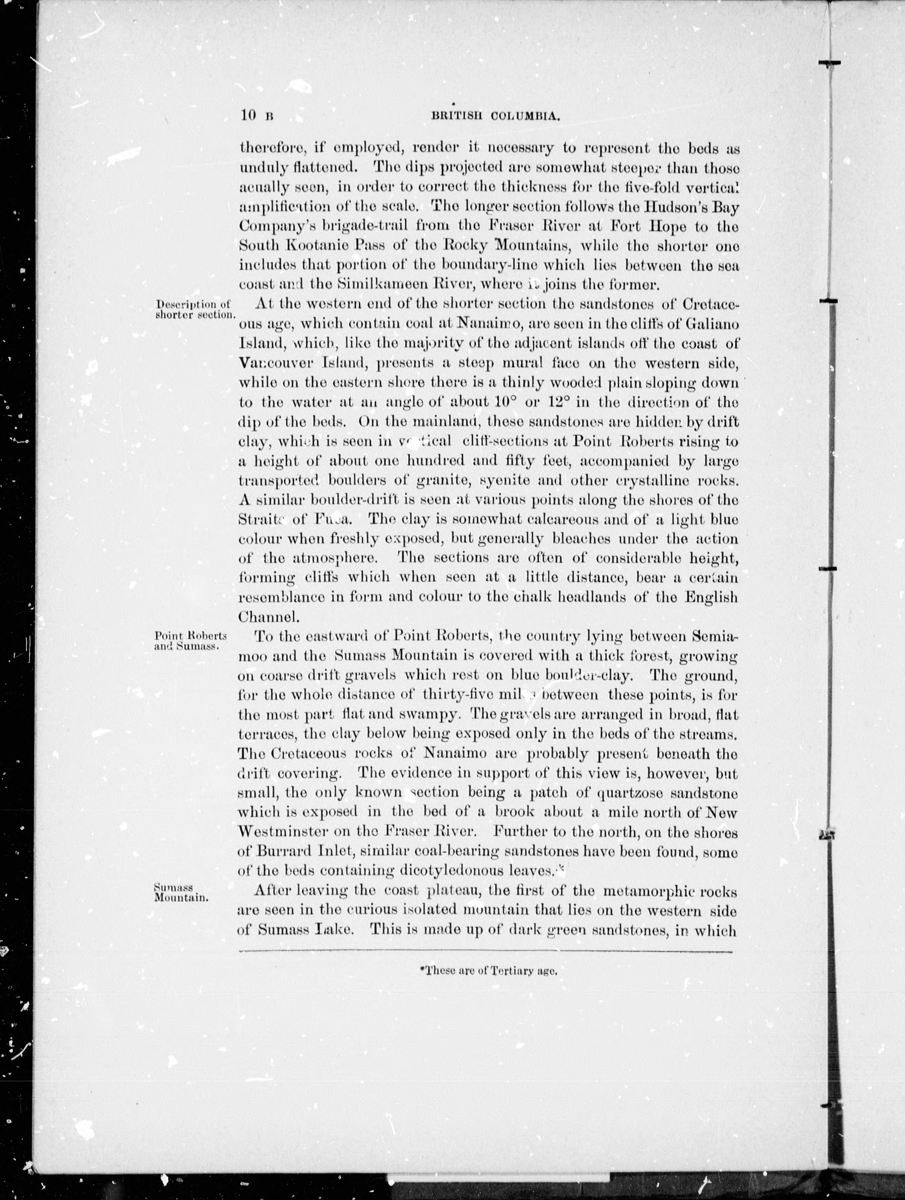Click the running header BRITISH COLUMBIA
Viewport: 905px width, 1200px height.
[x=495, y=115]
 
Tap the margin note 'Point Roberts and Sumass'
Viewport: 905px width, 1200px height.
[x=190, y=641]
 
